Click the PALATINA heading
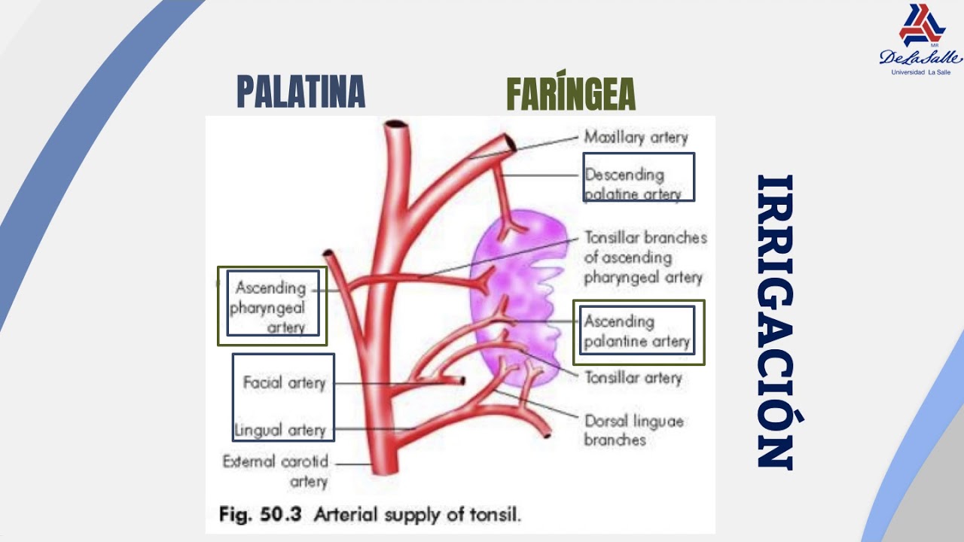pos(300,91)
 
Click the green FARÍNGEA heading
pos(571,91)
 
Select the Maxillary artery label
pos(636,137)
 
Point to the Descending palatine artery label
pos(633,184)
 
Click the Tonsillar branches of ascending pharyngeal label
pos(645,257)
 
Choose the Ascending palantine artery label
pos(637,331)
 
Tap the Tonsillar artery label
pos(633,378)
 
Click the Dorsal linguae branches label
pos(634,430)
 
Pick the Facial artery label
pos(285,382)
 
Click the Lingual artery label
pos(280,430)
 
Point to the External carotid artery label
pos(276,471)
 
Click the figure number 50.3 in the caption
pos(281,514)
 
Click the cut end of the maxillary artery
pos(511,143)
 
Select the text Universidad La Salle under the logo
pos(920,72)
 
